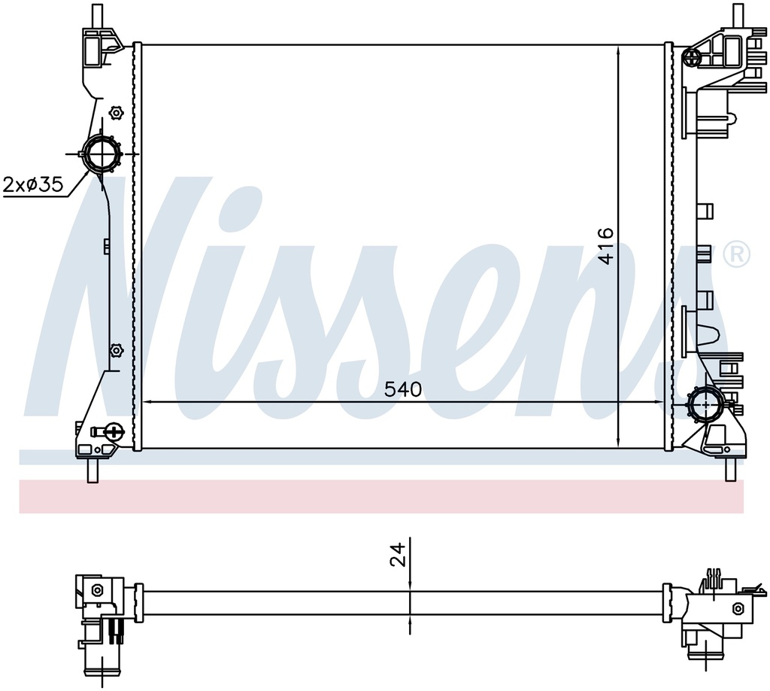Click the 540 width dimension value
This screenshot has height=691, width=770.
[403, 389]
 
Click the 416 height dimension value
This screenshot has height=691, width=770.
[606, 245]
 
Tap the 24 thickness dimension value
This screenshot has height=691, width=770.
[399, 554]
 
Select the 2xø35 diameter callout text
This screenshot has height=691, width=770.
[33, 184]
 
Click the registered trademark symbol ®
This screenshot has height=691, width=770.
[740, 254]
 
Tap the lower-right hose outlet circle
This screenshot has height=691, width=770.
[705, 404]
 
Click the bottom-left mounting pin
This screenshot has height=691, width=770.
[92, 470]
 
